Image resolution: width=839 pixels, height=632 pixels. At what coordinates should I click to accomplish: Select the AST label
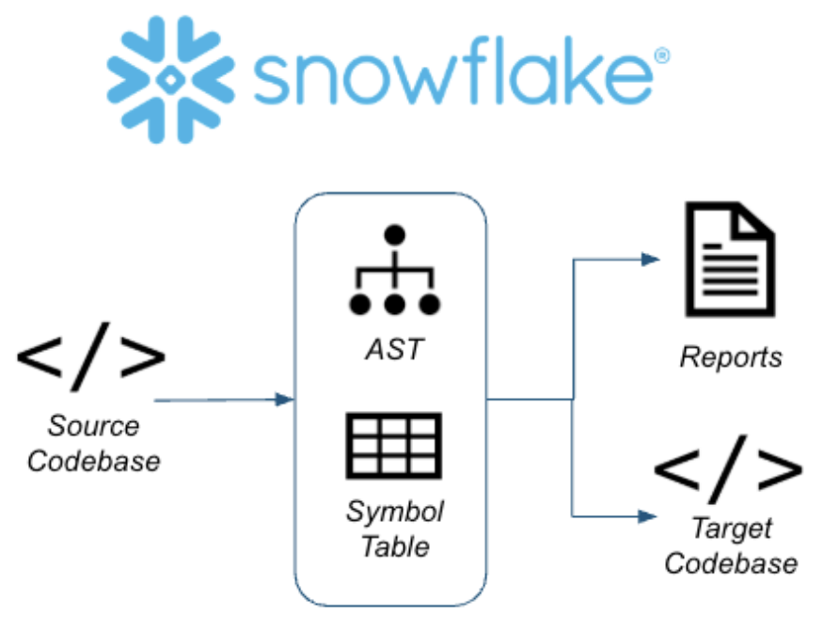[394, 350]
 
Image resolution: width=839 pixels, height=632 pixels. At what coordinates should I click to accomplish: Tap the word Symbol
[394, 513]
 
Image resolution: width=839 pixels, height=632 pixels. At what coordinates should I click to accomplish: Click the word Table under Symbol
[394, 545]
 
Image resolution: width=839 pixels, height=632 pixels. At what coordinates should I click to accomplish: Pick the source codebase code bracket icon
[91, 356]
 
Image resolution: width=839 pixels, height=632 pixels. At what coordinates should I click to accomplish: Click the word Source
[93, 426]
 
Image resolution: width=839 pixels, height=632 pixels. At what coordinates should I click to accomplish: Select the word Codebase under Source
[93, 461]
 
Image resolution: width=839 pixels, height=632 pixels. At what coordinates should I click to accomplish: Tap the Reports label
[731, 357]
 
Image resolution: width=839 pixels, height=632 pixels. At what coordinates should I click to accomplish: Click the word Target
[732, 529]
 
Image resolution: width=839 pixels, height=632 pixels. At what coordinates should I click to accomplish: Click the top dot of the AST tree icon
[394, 234]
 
